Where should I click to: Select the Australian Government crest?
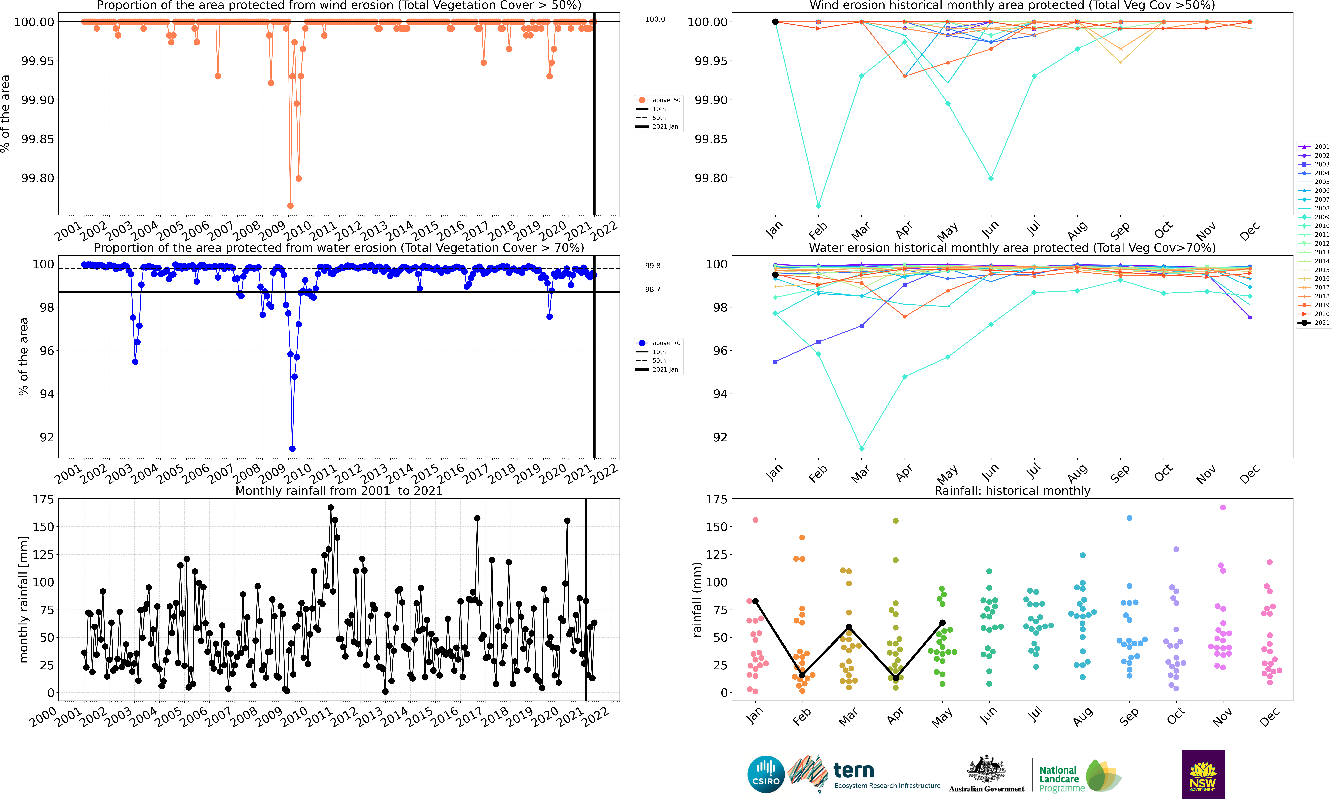click(x=986, y=770)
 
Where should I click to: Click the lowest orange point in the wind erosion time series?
click(x=290, y=206)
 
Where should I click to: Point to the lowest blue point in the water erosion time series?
click(x=292, y=448)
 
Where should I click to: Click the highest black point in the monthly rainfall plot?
click(x=331, y=507)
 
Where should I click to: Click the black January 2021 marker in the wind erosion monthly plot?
click(x=775, y=22)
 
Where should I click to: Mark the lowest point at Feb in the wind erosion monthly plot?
click(x=818, y=206)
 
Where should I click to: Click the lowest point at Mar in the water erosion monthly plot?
click(x=861, y=448)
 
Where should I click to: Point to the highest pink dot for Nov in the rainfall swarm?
click(x=1223, y=507)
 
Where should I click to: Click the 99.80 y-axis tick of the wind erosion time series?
click(x=38, y=178)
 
